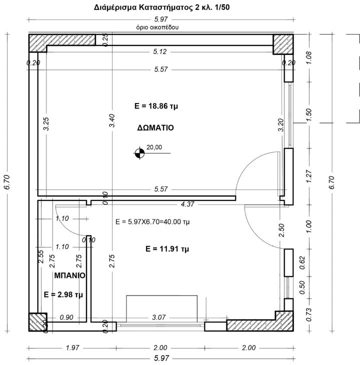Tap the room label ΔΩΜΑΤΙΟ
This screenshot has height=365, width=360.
(x=155, y=127)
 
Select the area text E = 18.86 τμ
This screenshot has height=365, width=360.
(x=154, y=106)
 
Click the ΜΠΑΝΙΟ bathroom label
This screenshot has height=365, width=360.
(x=70, y=275)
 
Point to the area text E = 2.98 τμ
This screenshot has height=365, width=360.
(x=63, y=294)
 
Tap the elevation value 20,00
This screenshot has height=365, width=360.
(x=154, y=147)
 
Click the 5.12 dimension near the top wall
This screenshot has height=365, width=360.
(x=160, y=51)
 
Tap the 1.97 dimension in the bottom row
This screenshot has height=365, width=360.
(x=66, y=348)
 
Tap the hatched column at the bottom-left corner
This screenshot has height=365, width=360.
(x=37, y=322)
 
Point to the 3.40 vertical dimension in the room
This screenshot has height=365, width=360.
(x=112, y=121)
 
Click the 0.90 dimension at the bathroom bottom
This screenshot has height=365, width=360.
(x=66, y=317)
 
